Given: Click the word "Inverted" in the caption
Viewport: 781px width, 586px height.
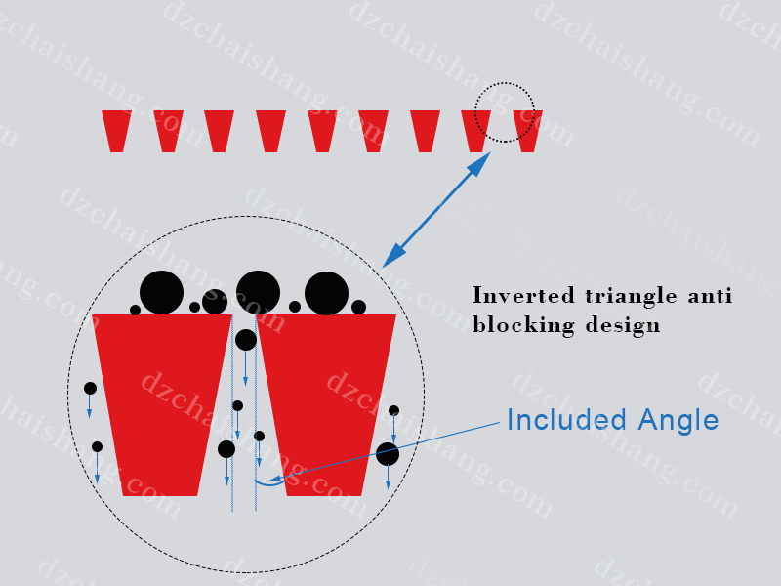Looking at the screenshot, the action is click(x=523, y=296).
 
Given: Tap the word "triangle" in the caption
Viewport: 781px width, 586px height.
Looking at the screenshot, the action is click(x=631, y=296).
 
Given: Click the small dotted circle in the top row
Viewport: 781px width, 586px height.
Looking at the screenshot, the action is click(x=505, y=83).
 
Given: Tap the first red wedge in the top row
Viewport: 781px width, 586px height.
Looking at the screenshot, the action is click(x=116, y=131).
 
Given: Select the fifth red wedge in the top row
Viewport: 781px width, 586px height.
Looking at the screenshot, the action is click(x=322, y=131).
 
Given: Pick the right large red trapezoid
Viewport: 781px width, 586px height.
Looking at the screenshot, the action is click(x=326, y=404).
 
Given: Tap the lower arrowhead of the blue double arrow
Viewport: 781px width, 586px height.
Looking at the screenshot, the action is click(x=393, y=256).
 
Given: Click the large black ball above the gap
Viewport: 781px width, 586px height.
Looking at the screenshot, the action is click(x=258, y=292).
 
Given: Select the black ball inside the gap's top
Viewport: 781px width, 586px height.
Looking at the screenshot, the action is click(x=246, y=340).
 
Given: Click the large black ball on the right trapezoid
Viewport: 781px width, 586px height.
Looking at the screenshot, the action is click(x=326, y=294).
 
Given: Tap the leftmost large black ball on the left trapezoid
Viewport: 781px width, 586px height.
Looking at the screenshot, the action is click(x=161, y=292).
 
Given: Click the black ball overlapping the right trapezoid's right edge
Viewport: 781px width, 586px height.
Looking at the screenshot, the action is click(x=388, y=454).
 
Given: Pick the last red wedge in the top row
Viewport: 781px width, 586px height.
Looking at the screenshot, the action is click(x=527, y=131).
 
